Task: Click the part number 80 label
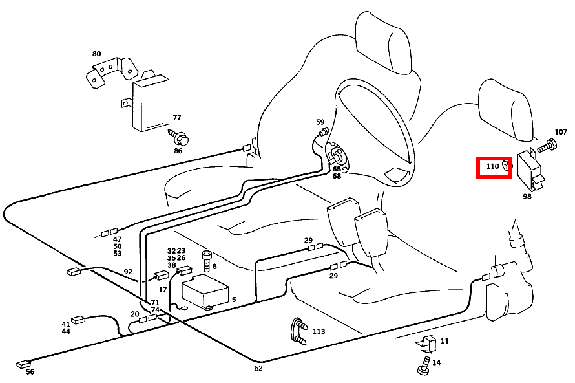pos(97,54)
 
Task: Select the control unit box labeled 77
pos(150,102)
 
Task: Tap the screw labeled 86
pos(181,138)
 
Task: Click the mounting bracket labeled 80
pos(111,71)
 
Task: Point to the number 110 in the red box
pos(492,166)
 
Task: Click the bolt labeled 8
pos(207,260)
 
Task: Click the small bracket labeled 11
pos(427,343)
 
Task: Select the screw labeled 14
pos(424,366)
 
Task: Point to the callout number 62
pos(258,368)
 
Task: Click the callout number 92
pos(128,272)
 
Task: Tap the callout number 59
pos(320,122)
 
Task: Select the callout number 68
pos(337,176)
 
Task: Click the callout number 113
pos(319,332)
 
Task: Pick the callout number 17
pos(163,289)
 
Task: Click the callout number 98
pos(527,196)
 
